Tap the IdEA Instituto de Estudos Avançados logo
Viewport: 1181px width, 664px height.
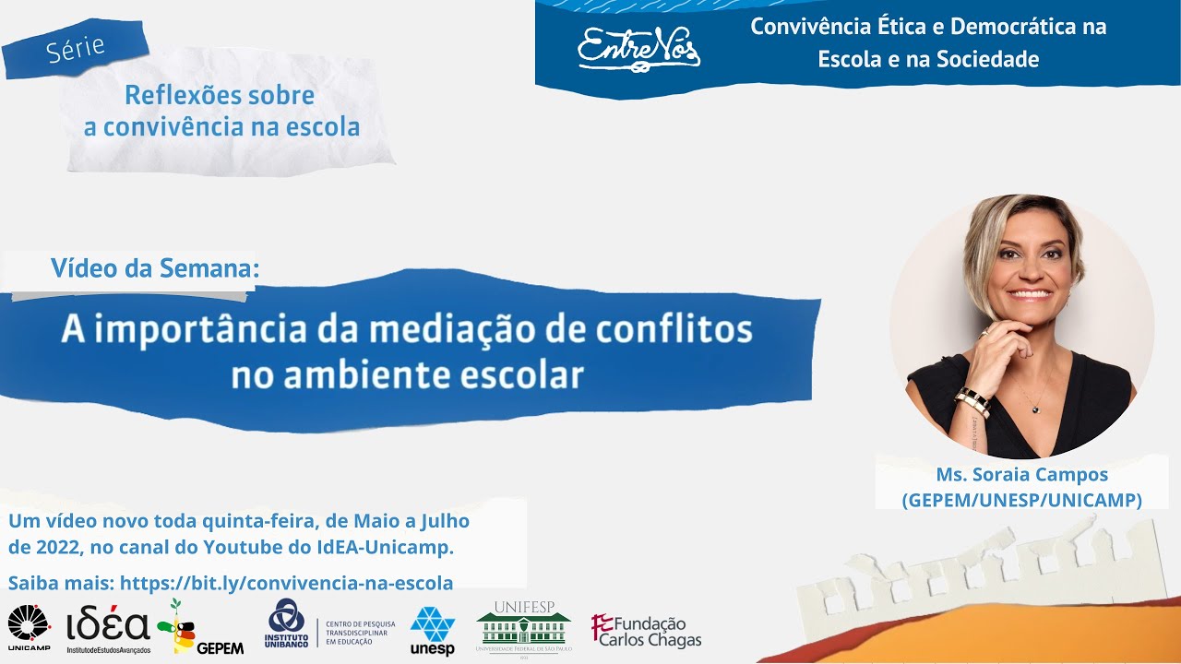pyautogui.click(x=108, y=630)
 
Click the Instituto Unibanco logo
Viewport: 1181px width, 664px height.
pyautogui.click(x=286, y=627)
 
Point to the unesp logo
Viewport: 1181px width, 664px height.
pyautogui.click(x=432, y=631)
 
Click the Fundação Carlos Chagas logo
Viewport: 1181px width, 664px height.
pyautogui.click(x=646, y=632)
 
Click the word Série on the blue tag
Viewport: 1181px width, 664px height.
pyautogui.click(x=76, y=48)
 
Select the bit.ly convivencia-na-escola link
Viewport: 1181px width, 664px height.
pyautogui.click(x=286, y=583)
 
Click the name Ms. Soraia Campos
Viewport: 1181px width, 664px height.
pyautogui.click(x=1021, y=475)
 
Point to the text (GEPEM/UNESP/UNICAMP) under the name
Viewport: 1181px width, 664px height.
pyautogui.click(x=1021, y=500)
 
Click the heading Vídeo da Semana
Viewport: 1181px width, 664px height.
pyautogui.click(x=155, y=268)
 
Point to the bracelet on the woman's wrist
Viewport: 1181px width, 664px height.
pyautogui.click(x=972, y=401)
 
